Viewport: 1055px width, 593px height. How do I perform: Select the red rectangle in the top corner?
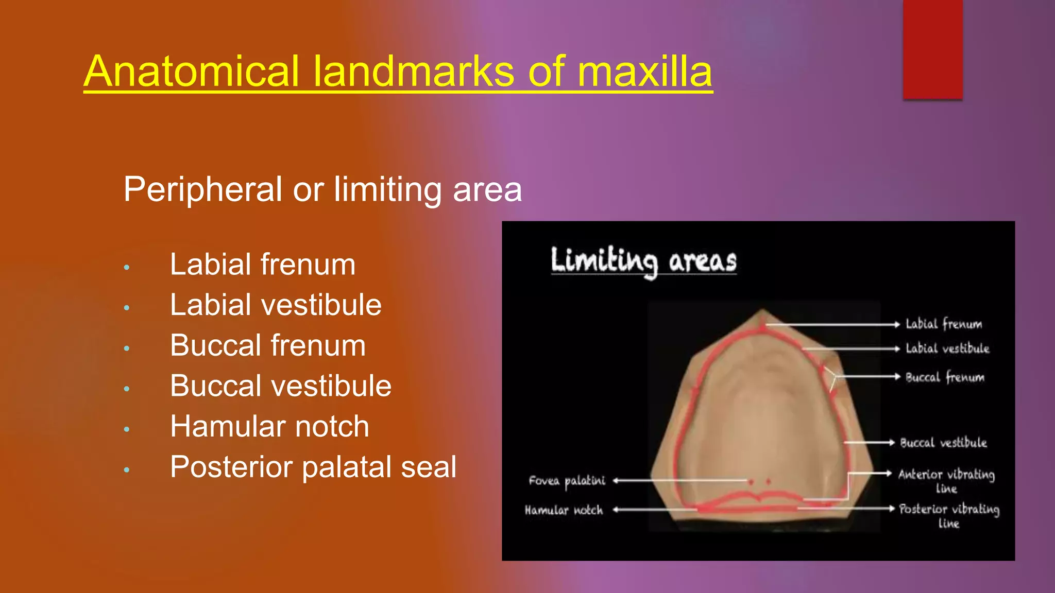[x=932, y=49]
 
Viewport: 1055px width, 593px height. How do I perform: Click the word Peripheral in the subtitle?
[x=203, y=189]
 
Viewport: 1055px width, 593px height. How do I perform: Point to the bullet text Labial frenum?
[x=263, y=265]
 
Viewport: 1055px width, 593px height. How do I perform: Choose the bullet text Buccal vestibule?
[x=281, y=386]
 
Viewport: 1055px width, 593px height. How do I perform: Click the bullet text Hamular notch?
[x=269, y=427]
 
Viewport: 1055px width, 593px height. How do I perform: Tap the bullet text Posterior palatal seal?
[x=313, y=467]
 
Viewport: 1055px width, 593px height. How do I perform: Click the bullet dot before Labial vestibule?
[x=127, y=308]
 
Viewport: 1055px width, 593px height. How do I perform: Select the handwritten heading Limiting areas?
[x=643, y=261]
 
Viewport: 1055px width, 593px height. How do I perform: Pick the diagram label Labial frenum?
[x=944, y=324]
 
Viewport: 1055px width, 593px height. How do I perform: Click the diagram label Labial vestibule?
[x=947, y=348]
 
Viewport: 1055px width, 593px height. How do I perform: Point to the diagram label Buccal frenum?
[x=945, y=377]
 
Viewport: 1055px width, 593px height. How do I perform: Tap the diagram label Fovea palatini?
[x=567, y=481]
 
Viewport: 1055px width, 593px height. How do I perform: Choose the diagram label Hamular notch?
[x=564, y=510]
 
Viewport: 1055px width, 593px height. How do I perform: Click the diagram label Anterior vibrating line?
[x=946, y=480]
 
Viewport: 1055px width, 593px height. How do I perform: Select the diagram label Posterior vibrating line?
[x=949, y=515]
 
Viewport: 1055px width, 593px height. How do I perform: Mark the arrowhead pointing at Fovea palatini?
[x=616, y=481]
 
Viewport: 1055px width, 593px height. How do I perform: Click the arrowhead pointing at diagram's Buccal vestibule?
[x=891, y=442]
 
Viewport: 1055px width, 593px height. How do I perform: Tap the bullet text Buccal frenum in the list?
[x=268, y=345]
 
